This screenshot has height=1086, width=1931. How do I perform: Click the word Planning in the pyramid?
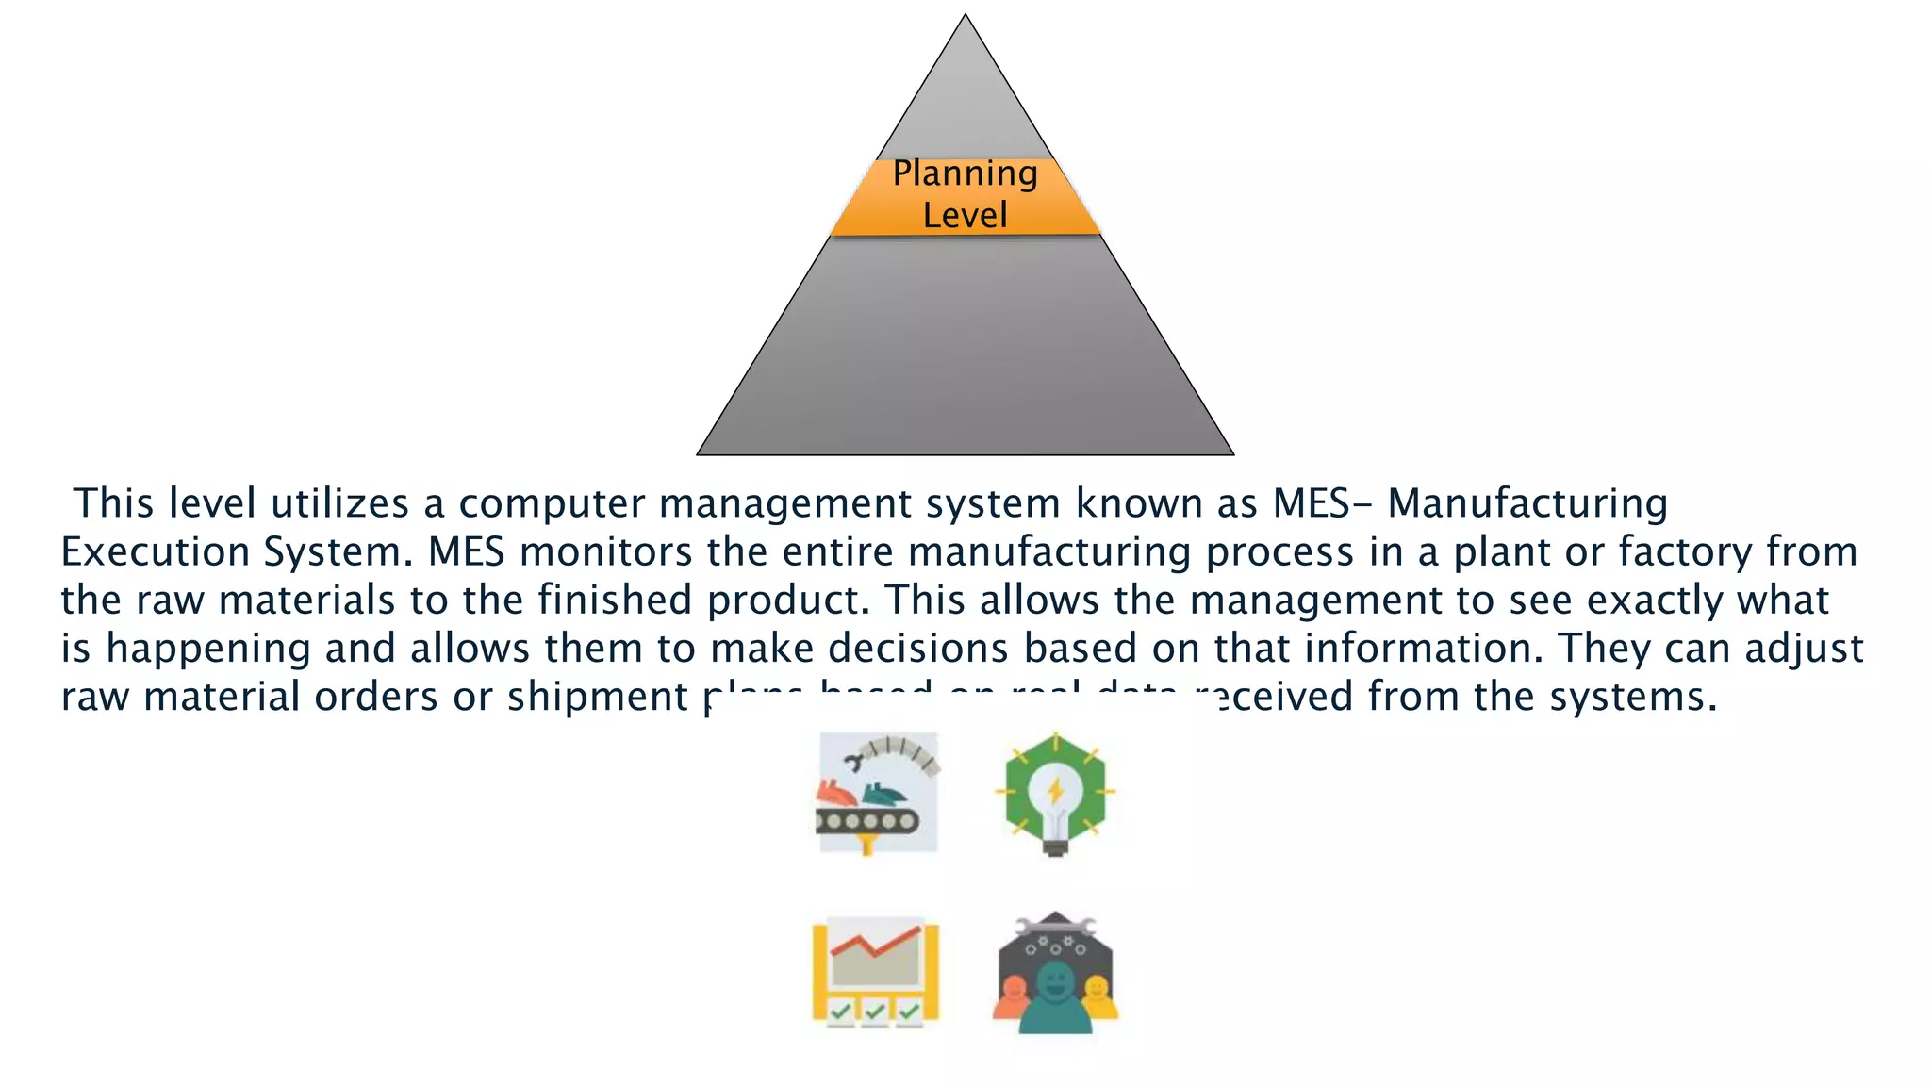click(x=965, y=174)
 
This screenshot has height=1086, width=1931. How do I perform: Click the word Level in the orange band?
click(x=965, y=215)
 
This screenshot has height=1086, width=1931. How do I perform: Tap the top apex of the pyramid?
click(x=965, y=16)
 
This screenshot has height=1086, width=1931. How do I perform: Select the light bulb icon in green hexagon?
click(x=1055, y=794)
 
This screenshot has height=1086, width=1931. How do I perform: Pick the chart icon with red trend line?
click(x=876, y=972)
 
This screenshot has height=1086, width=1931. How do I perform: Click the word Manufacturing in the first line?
click(x=1527, y=503)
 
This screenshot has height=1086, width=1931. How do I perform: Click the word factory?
click(x=1685, y=551)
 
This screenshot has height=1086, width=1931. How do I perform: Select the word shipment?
click(x=597, y=697)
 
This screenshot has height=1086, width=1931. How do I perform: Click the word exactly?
click(x=1655, y=600)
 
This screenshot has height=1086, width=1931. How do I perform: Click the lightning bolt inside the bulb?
click(x=1055, y=790)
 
